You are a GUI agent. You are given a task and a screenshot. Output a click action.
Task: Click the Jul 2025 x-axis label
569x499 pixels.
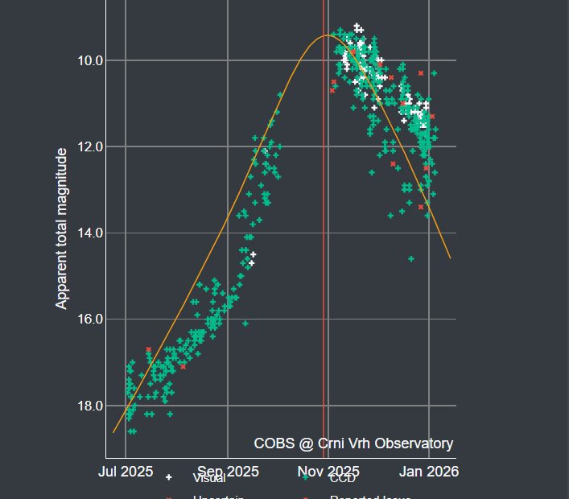tap(126, 471)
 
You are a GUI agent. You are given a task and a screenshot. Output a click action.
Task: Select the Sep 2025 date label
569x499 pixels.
tap(227, 471)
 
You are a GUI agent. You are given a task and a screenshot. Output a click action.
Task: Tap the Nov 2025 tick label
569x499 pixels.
tap(328, 471)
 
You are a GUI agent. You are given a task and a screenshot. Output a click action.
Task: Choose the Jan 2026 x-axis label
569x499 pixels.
tap(429, 471)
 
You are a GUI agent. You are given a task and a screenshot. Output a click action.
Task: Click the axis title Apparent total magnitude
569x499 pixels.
tap(61, 228)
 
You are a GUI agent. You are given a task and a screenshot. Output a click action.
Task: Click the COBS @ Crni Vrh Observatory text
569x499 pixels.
tap(353, 443)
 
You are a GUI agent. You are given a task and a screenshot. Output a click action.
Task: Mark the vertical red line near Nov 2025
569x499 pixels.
tap(324, 241)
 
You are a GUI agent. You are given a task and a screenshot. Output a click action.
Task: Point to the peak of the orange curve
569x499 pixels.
tap(328, 35)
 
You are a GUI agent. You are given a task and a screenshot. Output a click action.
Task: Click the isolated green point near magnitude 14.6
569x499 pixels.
tap(411, 258)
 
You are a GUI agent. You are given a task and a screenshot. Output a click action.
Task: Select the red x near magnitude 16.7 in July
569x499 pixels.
tap(149, 350)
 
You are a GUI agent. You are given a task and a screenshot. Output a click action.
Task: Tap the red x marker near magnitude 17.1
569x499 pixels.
tap(183, 366)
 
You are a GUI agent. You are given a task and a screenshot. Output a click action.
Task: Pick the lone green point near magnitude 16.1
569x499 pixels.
tap(245, 324)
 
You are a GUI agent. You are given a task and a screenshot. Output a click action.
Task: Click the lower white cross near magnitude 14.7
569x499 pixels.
tap(252, 262)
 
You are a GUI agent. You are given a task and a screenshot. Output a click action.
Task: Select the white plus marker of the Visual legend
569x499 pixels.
tap(168, 478)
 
